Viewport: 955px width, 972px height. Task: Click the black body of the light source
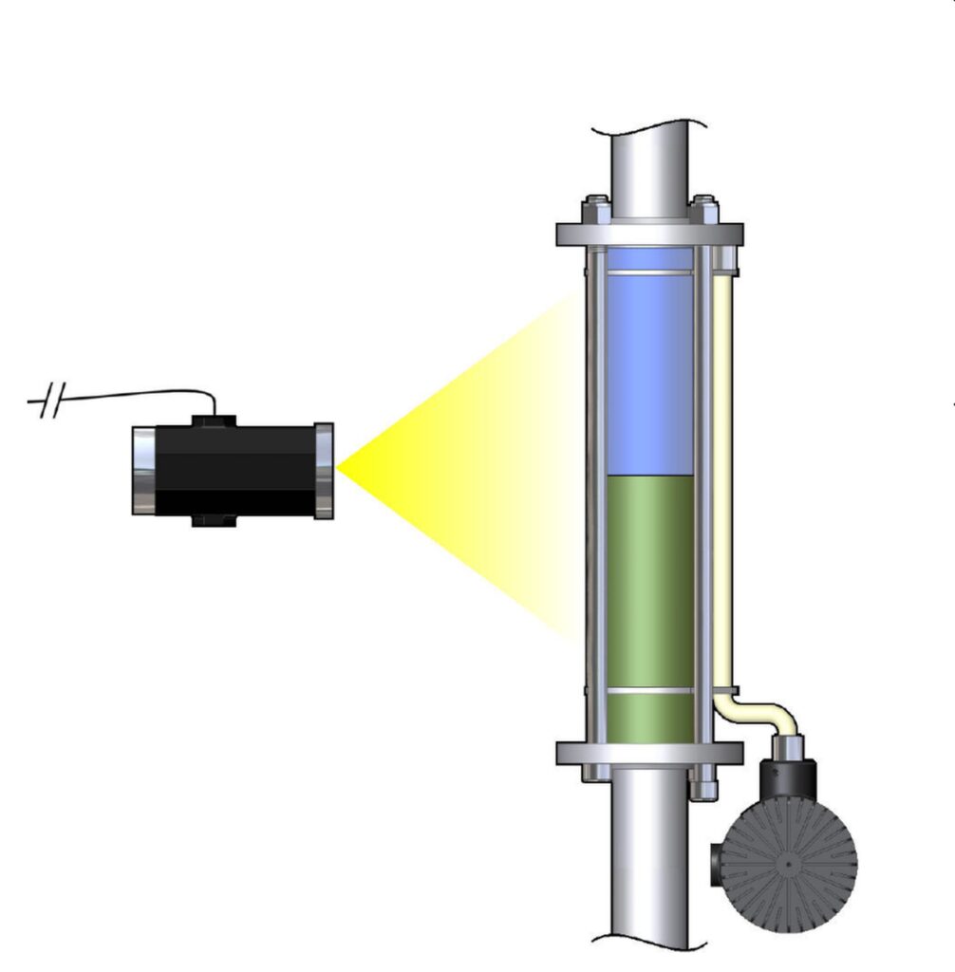(x=234, y=471)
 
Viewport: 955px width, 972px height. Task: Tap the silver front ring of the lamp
(x=324, y=471)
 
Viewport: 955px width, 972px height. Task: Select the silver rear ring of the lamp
(x=143, y=471)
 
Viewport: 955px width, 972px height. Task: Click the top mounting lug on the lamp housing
(x=214, y=420)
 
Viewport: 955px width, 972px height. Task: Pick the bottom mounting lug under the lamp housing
(x=214, y=521)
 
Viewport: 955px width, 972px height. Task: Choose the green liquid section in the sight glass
(x=649, y=579)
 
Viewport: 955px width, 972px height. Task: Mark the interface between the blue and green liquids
(x=649, y=475)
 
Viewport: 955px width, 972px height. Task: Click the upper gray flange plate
(x=649, y=234)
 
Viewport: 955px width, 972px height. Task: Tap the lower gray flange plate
(x=649, y=754)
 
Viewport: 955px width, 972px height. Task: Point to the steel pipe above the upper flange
(x=649, y=171)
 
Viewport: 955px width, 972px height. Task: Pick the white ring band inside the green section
(x=649, y=691)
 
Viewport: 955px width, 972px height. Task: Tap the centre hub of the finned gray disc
(x=789, y=865)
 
